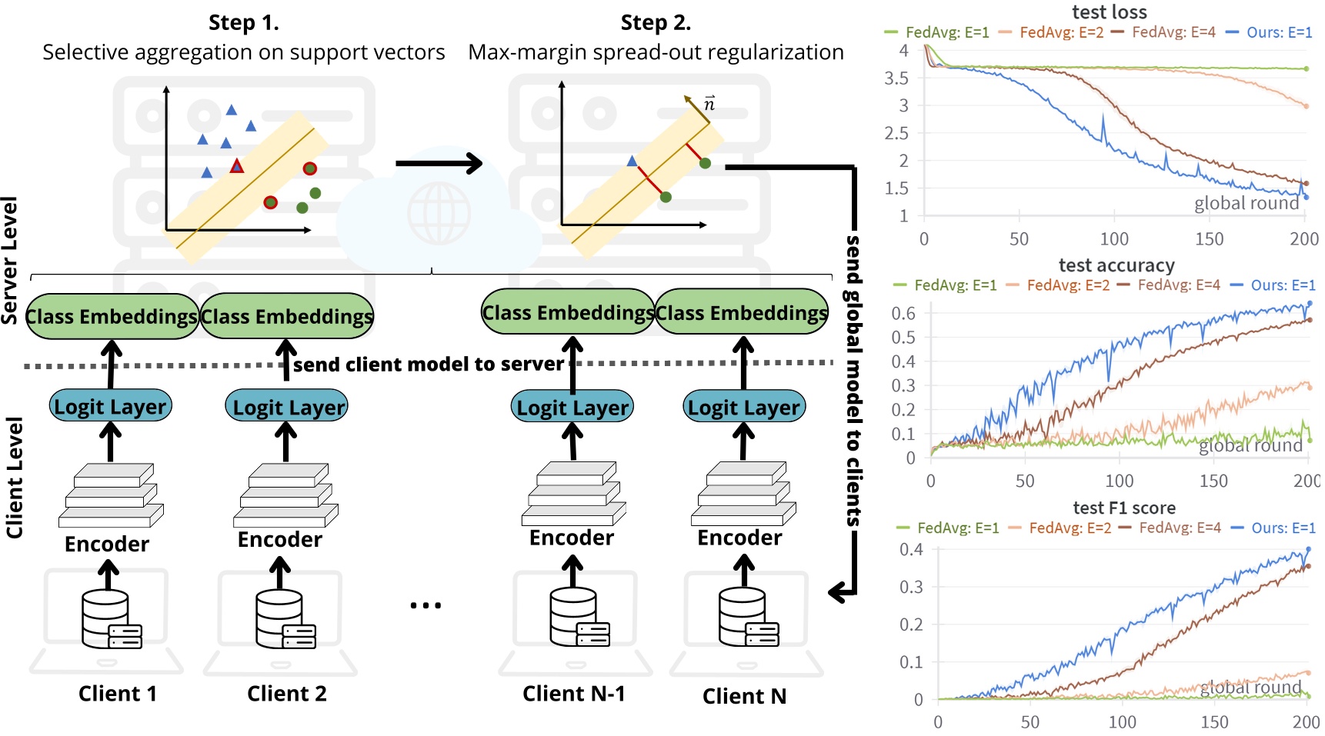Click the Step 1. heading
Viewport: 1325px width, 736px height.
pyautogui.click(x=243, y=23)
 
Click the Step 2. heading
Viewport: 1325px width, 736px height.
pyautogui.click(x=656, y=23)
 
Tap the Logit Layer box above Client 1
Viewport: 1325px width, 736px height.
pyautogui.click(x=110, y=406)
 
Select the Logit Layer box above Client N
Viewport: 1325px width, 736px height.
pyautogui.click(x=744, y=407)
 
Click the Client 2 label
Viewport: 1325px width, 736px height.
pyautogui.click(x=286, y=694)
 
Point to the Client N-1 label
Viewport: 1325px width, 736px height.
pyautogui.click(x=573, y=694)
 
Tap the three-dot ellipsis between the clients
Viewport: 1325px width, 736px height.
pyautogui.click(x=426, y=605)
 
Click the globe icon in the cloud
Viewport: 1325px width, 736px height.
pyautogui.click(x=439, y=213)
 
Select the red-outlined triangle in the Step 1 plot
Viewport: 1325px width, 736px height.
pyautogui.click(x=237, y=166)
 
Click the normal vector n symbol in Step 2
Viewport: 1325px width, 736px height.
pyautogui.click(x=709, y=104)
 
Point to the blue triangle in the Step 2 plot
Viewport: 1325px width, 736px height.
pyautogui.click(x=632, y=162)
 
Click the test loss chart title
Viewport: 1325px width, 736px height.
pyautogui.click(x=1109, y=12)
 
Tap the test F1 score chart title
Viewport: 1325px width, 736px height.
pyautogui.click(x=1123, y=508)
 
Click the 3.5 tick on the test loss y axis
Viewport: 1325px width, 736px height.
pyautogui.click(x=896, y=78)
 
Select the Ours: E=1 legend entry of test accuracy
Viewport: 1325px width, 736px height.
pyautogui.click(x=1273, y=285)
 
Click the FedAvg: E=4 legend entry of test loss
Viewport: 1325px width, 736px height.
pyautogui.click(x=1164, y=32)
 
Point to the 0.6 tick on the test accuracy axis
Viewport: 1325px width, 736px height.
pyautogui.click(x=903, y=313)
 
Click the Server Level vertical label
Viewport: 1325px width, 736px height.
pyautogui.click(x=10, y=260)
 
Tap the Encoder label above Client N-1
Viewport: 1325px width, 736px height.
pyautogui.click(x=571, y=538)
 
